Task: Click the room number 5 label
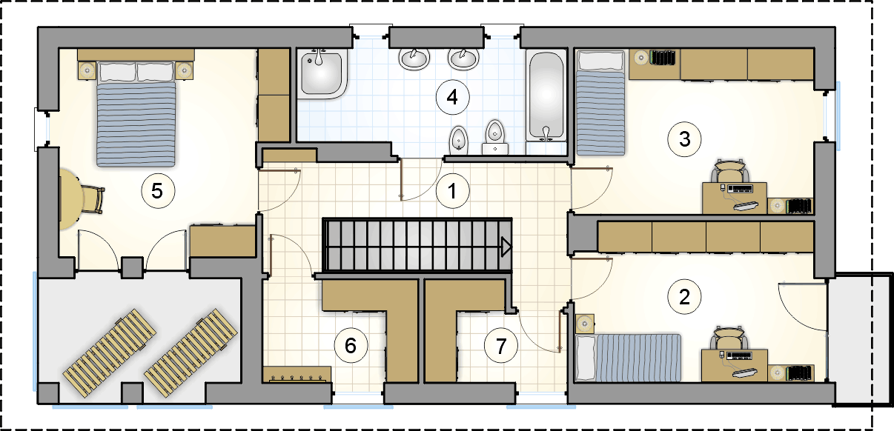pos(158,190)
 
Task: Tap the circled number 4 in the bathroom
pos(452,97)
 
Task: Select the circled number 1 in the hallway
pos(452,191)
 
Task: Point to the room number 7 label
pos(500,346)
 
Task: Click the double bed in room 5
pos(136,113)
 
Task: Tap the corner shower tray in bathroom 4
pos(322,74)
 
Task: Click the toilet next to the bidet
pos(495,138)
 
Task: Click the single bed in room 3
pos(600,102)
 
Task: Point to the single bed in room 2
pos(628,358)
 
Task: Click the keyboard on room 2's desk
pos(740,355)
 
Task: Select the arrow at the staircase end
pos(506,247)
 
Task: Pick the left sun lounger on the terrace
pos(109,353)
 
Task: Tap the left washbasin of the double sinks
pos(414,59)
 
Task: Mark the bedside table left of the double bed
pos(87,70)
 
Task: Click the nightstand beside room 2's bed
pos(585,324)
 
